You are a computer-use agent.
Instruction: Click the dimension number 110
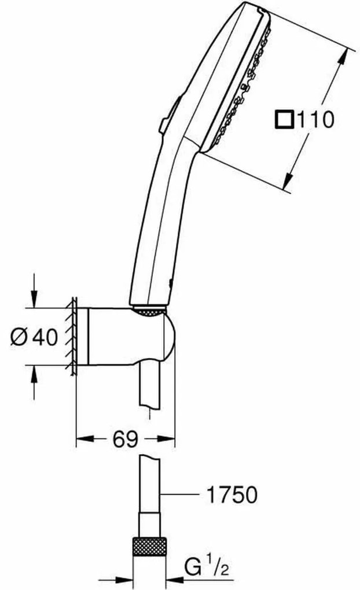[316, 120]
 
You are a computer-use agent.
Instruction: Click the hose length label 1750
[232, 494]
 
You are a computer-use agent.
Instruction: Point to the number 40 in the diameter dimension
[45, 337]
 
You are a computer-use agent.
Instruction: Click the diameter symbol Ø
[19, 337]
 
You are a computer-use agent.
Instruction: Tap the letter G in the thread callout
[194, 567]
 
